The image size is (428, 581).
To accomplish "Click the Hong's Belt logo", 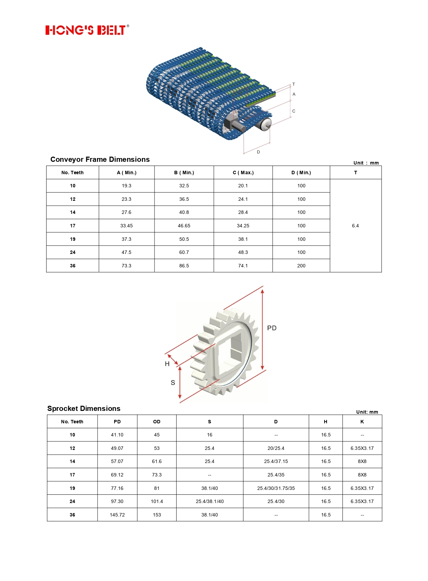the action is pos(87,30).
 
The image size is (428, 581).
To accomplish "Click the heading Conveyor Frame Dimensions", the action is pos(100,159).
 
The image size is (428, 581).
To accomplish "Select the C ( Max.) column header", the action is pos(243,173).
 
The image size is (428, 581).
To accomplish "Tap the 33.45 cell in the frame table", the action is pos(127,226).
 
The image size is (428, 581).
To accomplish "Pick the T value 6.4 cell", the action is pos(356,226).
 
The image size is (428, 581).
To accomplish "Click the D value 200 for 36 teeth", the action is pos(301,266).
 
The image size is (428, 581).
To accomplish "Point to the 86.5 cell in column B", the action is pos(184,266).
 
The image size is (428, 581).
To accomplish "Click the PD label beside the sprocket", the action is pos(272,328).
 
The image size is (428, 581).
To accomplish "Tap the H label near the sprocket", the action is pos(167,364).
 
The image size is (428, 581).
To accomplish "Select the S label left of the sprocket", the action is pos(173,383).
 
